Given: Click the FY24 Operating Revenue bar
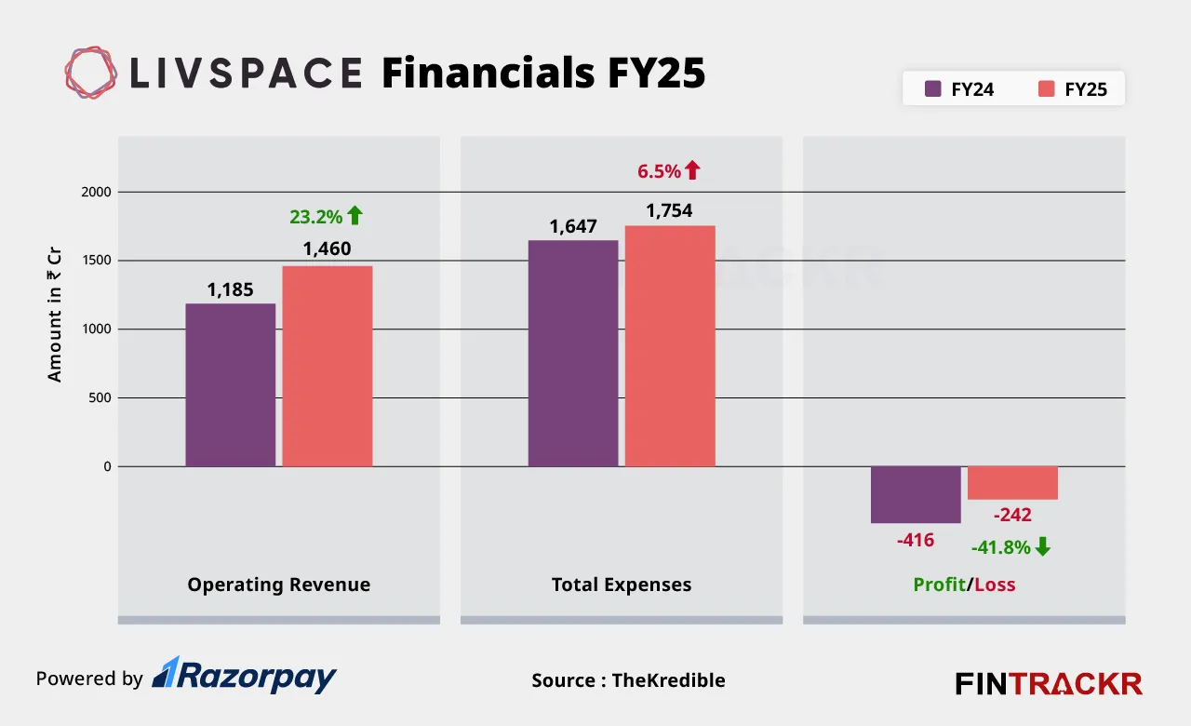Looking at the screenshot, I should pos(230,384).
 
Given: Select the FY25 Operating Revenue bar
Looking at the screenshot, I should pos(328,366).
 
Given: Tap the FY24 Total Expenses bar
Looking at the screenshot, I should pos(573,353).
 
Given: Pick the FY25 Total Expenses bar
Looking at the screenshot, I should pos(670,345).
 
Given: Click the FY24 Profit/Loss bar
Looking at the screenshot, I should pos(916,494).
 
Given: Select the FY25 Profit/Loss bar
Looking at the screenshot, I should pos(1012,482).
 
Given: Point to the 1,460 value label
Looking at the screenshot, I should pos(327,249).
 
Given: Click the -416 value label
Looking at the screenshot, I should pos(916,540).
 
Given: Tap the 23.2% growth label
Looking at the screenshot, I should pos(316,217).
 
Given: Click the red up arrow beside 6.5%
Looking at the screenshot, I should pos(691,170).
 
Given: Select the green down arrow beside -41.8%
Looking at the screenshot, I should pos(1042,547).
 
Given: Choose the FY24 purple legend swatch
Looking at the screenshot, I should pos(933,89).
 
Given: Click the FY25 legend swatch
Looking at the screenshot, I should pos(1047,89).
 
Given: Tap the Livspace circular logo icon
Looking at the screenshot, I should pos(91,73).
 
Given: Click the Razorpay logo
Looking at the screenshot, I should pos(244,676).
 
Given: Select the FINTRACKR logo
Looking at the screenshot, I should pos(1049,683).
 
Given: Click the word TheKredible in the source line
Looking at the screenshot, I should pos(668,680).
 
